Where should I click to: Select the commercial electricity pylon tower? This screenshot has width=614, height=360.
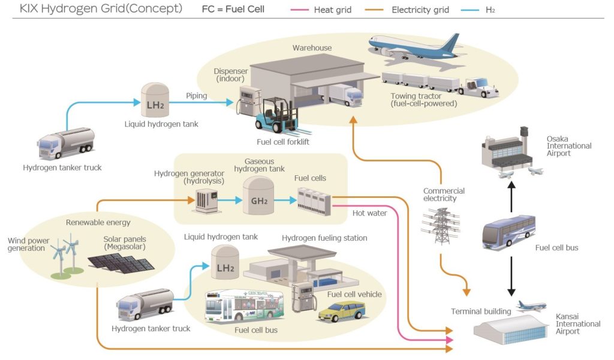(x=441, y=225)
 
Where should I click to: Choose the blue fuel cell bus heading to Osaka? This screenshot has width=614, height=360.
(x=508, y=232)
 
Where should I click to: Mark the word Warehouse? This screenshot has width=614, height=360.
(x=312, y=48)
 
